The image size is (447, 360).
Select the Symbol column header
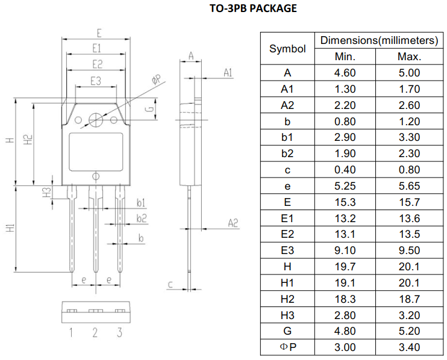pyautogui.click(x=287, y=49)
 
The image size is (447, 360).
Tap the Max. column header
pyautogui.click(x=409, y=57)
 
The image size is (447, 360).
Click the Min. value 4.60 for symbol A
pyautogui.click(x=345, y=73)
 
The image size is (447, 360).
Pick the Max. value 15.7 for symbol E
pyautogui.click(x=409, y=202)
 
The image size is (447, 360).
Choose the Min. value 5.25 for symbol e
pyautogui.click(x=345, y=186)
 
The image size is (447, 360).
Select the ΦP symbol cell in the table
pyautogui.click(x=287, y=347)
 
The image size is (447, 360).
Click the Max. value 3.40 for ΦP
pyautogui.click(x=409, y=347)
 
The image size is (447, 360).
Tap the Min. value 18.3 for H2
pyautogui.click(x=345, y=299)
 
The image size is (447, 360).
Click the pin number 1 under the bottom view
pyautogui.click(x=70, y=332)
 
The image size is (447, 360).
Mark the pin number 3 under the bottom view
pyautogui.click(x=120, y=332)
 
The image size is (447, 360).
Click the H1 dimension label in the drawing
pyautogui.click(x=10, y=229)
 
